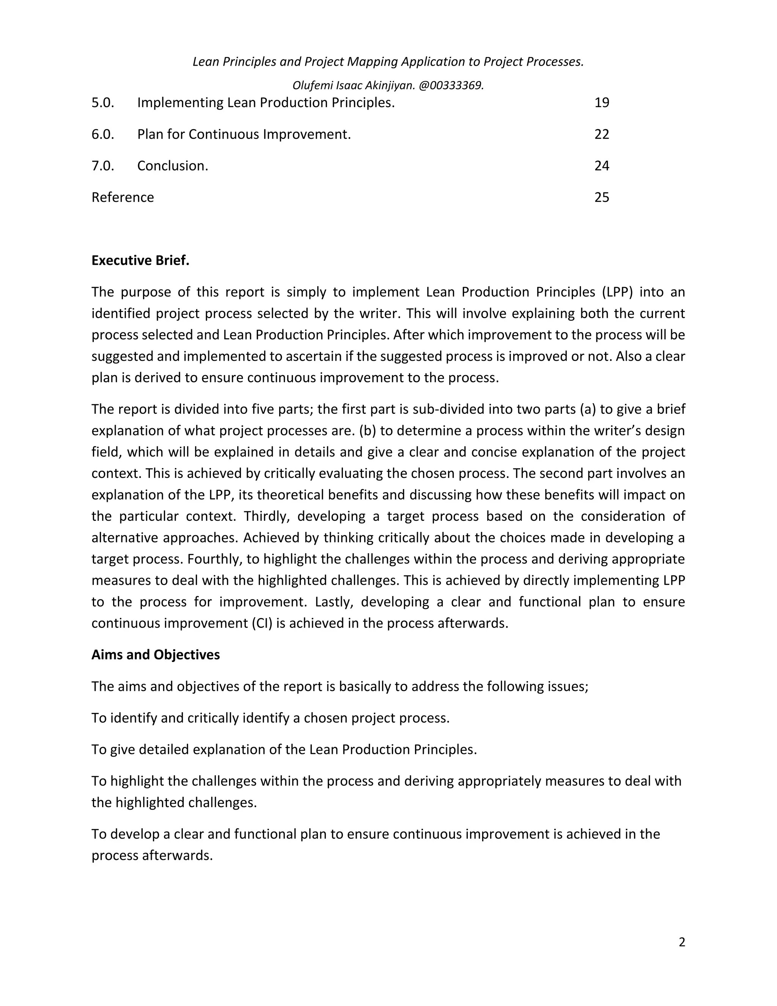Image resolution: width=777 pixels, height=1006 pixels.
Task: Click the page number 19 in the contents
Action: [602, 103]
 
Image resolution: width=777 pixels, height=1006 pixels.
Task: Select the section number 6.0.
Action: [103, 134]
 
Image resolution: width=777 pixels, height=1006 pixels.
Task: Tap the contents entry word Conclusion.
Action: [172, 166]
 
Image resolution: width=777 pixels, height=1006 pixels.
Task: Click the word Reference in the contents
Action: [123, 198]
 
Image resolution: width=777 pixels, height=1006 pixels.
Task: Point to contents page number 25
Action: [602, 198]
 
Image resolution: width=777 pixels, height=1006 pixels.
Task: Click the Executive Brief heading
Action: [140, 261]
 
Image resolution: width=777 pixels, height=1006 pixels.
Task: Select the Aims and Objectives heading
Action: [156, 655]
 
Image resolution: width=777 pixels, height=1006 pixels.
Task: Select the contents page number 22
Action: [602, 134]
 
